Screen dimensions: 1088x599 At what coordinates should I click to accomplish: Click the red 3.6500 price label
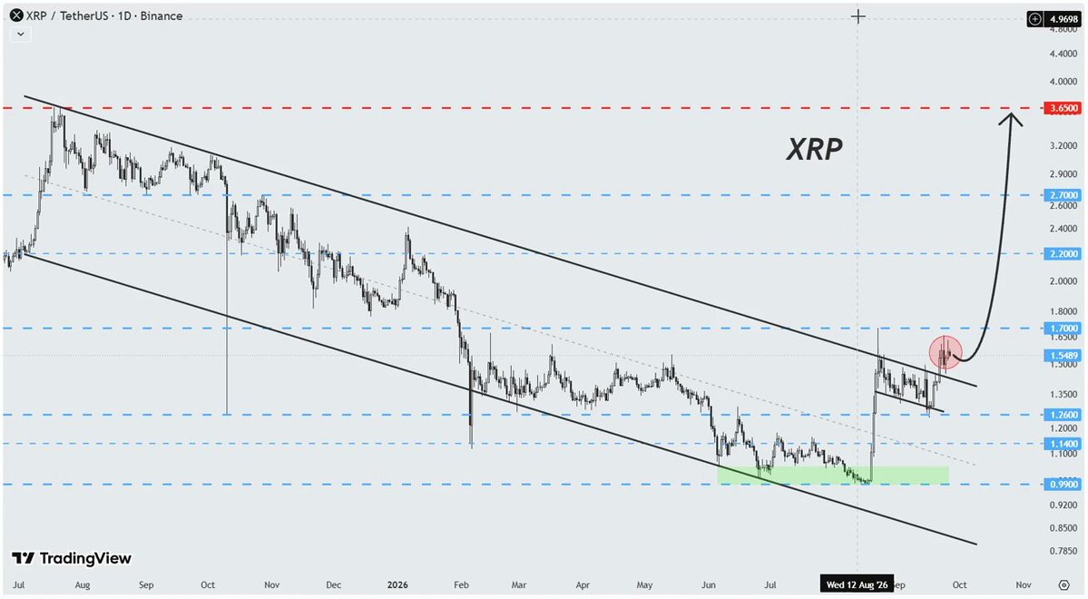pyautogui.click(x=1063, y=108)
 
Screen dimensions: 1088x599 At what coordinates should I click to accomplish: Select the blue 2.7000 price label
pyautogui.click(x=1063, y=195)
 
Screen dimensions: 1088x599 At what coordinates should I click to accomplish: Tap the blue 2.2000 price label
pyautogui.click(x=1063, y=254)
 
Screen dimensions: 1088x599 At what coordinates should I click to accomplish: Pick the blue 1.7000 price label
pyautogui.click(x=1063, y=328)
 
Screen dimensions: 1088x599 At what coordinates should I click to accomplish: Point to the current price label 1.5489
pyautogui.click(x=1063, y=356)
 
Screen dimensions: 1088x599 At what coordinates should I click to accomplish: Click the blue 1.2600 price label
pyautogui.click(x=1063, y=415)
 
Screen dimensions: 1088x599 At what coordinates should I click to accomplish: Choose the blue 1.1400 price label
pyautogui.click(x=1063, y=444)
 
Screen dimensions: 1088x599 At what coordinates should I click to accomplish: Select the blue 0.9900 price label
pyautogui.click(x=1063, y=484)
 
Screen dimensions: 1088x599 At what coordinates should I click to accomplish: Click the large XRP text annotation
pyautogui.click(x=814, y=149)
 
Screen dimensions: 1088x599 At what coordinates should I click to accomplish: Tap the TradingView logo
pyautogui.click(x=72, y=558)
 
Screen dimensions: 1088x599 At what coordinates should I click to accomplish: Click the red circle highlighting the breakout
pyautogui.click(x=945, y=353)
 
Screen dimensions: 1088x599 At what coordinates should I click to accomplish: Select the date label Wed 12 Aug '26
pyautogui.click(x=857, y=584)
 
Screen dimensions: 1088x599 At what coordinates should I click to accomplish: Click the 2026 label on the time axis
pyautogui.click(x=397, y=584)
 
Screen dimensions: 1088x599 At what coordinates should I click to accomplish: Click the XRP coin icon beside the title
pyautogui.click(x=16, y=15)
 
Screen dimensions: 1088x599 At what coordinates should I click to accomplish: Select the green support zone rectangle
pyautogui.click(x=833, y=475)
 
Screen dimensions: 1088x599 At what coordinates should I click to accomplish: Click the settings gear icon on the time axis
pyautogui.click(x=1063, y=585)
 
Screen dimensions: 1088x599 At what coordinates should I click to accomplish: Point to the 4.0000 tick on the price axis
pyautogui.click(x=1063, y=81)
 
